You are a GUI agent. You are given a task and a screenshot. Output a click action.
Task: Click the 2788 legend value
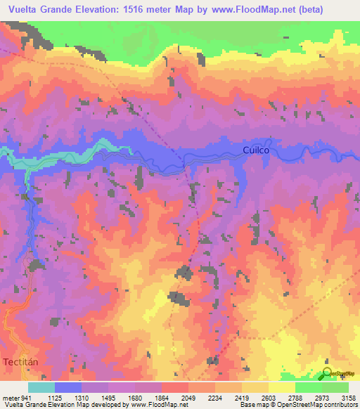(295, 396)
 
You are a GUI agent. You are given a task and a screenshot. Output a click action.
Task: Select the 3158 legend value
(347, 396)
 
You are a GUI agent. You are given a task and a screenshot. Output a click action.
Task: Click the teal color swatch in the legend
(41, 387)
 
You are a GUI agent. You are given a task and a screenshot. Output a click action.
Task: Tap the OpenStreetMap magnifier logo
(328, 372)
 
